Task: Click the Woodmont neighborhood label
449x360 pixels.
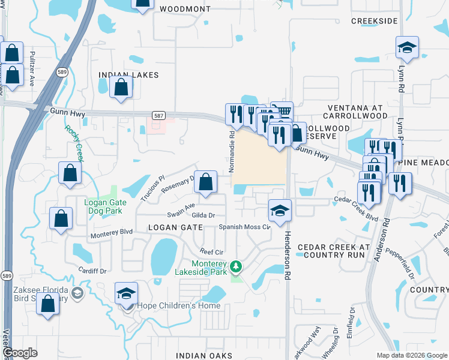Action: tap(185, 9)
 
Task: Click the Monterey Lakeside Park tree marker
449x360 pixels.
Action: tap(237, 265)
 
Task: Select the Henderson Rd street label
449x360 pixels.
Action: tap(287, 252)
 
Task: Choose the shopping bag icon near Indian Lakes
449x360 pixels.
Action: tap(121, 87)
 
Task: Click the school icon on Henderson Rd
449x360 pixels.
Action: tap(280, 210)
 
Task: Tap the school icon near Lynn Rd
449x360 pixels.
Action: tap(408, 47)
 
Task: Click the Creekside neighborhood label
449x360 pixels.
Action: tap(375, 21)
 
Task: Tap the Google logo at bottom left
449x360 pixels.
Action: tap(20, 353)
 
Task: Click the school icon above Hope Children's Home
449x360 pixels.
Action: tap(126, 293)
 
